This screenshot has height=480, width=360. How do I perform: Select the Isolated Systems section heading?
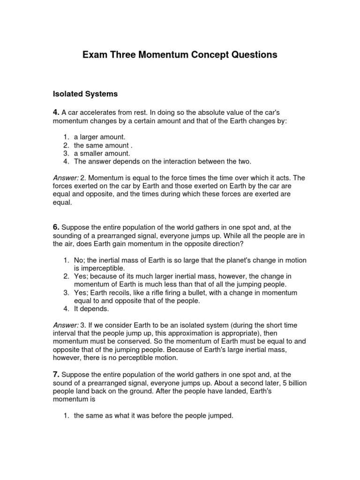pos(85,94)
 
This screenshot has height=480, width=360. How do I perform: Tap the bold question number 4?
pos(56,112)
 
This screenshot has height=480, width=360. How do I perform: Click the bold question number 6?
pos(56,227)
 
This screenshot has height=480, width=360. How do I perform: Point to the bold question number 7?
pos(56,374)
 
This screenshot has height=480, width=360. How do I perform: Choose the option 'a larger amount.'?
pos(99,136)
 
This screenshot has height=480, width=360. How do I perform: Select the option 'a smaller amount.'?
pos(102,153)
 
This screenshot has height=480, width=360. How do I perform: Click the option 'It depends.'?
pos(92,309)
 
